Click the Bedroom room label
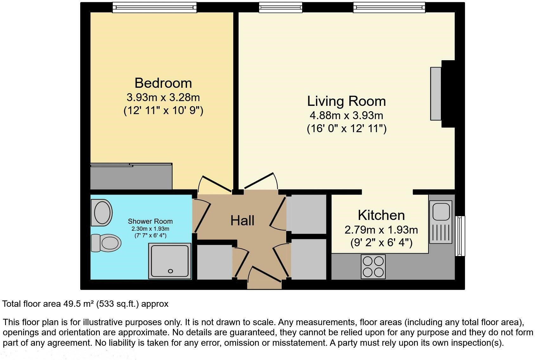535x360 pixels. (163, 83)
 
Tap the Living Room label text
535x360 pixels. (346, 101)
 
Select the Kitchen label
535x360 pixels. (381, 215)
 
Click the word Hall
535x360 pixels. (242, 221)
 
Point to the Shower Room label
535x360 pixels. (150, 221)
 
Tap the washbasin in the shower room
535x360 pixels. (102, 212)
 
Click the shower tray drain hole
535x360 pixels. (171, 271)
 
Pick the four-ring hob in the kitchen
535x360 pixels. (373, 267)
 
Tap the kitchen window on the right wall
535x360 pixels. (460, 236)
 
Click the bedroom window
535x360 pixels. (154, 7)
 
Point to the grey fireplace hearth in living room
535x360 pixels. (435, 93)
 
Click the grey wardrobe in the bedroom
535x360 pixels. (131, 177)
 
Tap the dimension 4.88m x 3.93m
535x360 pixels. (346, 115)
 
